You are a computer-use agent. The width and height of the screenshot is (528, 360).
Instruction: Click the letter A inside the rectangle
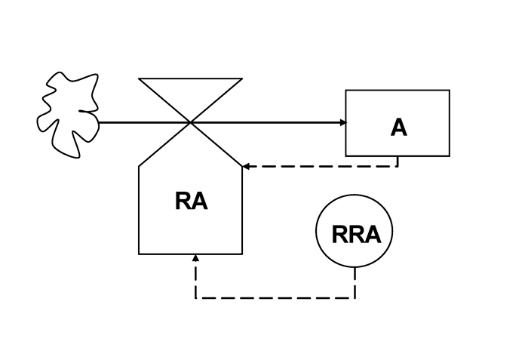tap(398, 127)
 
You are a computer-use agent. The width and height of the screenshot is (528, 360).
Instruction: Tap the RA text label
tap(191, 202)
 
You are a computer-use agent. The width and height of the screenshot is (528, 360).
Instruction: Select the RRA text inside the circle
tap(356, 235)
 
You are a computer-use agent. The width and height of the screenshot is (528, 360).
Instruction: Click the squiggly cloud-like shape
tap(68, 113)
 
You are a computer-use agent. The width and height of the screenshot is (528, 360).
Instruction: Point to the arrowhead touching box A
tap(342, 122)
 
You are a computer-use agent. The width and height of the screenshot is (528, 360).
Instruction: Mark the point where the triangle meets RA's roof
tap(191, 122)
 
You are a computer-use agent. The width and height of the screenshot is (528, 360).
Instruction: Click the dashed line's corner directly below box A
tap(398, 165)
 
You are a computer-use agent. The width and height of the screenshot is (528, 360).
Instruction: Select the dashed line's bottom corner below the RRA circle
tap(355, 297)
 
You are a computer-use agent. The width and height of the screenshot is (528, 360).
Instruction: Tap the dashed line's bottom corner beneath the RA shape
tap(195, 297)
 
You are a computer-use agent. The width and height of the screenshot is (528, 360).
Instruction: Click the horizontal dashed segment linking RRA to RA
tap(275, 297)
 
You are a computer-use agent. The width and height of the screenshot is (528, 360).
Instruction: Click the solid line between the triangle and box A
tap(272, 122)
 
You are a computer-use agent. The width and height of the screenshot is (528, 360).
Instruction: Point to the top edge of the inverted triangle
tap(191, 78)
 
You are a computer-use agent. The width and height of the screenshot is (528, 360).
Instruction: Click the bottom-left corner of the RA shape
tap(139, 254)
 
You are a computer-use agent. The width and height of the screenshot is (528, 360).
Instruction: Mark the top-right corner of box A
tap(449, 91)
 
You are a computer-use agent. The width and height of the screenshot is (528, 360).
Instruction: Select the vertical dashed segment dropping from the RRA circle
tap(355, 283)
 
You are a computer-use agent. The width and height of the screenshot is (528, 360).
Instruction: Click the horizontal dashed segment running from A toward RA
tap(321, 165)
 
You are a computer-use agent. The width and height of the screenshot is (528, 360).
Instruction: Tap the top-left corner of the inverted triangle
tap(140, 78)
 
